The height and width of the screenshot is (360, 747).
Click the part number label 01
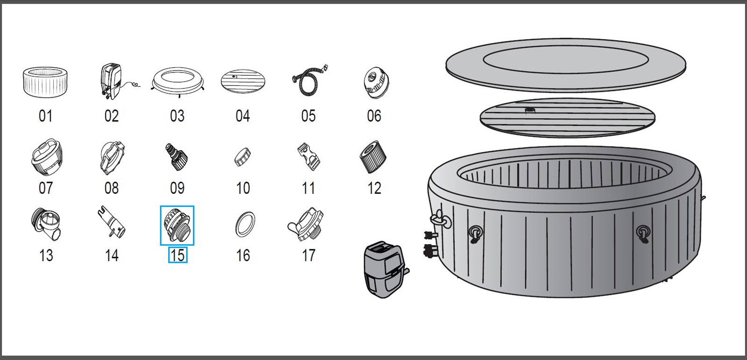45,116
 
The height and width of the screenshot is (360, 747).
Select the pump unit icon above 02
111,81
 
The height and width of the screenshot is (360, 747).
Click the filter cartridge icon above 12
373,157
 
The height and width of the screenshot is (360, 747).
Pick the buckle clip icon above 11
309,156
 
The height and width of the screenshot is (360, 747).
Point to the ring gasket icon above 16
245,225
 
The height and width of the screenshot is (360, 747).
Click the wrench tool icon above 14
112,223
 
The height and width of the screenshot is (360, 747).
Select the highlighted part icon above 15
177,225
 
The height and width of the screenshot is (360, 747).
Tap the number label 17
309,255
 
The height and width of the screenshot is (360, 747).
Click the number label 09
177,188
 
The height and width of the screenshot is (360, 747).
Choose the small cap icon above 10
243,157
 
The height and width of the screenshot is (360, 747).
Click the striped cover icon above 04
243,81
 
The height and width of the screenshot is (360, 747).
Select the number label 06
374,116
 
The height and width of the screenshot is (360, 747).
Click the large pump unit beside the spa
384,270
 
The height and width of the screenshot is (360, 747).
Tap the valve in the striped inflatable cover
530,111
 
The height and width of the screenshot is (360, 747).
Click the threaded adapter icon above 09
176,157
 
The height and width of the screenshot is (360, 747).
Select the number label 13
46,255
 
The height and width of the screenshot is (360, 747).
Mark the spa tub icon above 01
45,82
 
